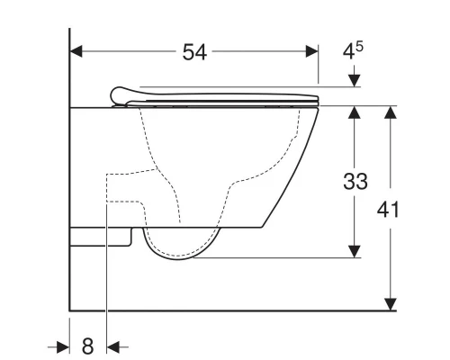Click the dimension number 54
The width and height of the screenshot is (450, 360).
(194, 52)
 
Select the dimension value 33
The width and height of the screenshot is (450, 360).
(355, 182)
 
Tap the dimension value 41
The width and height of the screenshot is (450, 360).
(389, 210)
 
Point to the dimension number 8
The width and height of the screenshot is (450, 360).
(88, 345)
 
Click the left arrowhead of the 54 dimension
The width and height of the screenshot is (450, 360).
(77, 52)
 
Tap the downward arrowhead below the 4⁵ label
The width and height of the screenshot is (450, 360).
(355, 82)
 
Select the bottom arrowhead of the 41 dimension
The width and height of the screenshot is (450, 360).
(389, 303)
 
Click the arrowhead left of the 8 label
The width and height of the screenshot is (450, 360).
(64, 345)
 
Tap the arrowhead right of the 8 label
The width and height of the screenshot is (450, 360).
(113, 345)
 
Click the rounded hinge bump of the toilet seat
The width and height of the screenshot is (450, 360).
(120, 93)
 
